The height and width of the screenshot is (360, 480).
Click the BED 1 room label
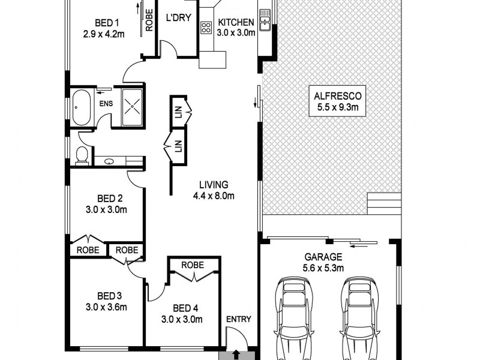[x=104, y=23]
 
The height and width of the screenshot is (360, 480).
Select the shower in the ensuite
[x=132, y=107]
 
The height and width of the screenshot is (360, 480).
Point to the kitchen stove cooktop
[x=206, y=27]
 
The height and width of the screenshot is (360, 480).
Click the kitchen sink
[x=264, y=19]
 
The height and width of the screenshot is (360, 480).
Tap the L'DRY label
[x=178, y=18]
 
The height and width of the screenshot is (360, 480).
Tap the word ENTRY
[x=238, y=319]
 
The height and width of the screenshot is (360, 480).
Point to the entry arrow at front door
[x=236, y=355]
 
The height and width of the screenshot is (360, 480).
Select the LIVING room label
[x=214, y=185]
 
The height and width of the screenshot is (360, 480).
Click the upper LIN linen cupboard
[x=179, y=111]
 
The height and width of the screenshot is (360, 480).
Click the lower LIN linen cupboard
[x=178, y=146]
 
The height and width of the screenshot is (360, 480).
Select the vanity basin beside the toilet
[x=110, y=161]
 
